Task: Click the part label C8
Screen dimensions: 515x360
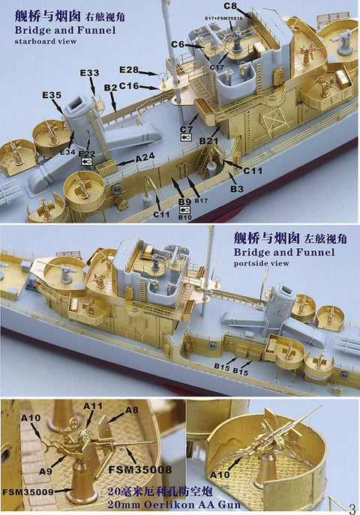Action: point(230,7)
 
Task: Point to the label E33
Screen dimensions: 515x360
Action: point(89,73)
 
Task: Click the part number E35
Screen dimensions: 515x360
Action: point(52,95)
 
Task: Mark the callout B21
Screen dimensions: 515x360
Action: point(209,140)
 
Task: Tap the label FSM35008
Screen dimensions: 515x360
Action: point(143,469)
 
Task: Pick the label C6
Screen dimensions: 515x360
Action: point(177,45)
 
